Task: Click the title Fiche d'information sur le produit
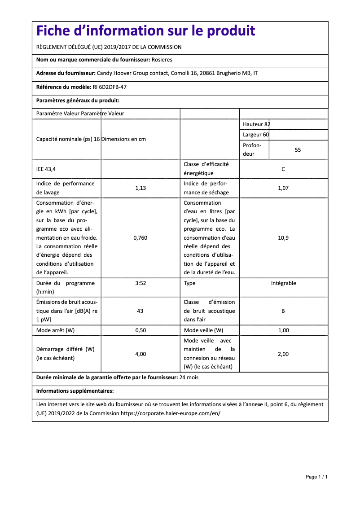[146, 31]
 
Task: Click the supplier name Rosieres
[162, 60]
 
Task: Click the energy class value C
[283, 169]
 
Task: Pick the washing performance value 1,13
[140, 188]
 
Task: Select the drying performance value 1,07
[283, 188]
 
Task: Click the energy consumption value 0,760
[140, 237]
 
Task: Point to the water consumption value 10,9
[283, 237]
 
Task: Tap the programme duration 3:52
[140, 283]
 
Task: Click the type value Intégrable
[283, 283]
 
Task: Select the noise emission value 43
[140, 311]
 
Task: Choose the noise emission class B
[283, 311]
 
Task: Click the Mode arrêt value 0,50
[140, 330]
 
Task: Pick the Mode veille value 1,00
[283, 330]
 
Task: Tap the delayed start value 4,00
[140, 354]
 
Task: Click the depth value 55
[298, 150]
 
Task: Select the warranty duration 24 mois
[189, 377]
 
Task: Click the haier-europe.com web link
[171, 413]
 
